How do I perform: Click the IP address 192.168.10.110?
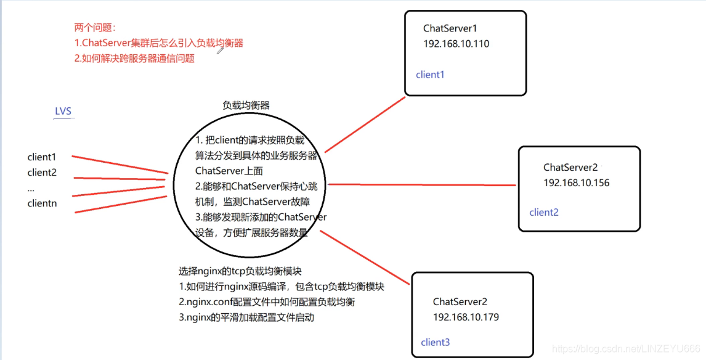coord(456,44)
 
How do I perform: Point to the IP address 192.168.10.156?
coord(577,183)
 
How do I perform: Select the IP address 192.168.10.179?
coord(466,317)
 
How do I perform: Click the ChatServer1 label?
coord(450,28)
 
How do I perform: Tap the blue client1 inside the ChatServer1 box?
coord(430,75)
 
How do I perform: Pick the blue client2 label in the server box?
coord(544,212)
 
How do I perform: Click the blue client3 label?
coord(436,342)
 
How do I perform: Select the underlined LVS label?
coord(63,112)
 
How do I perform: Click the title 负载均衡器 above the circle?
coord(246,105)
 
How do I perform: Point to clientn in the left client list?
coord(43,203)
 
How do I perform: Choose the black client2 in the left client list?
coord(42,173)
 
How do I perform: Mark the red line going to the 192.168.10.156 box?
coord(422,184)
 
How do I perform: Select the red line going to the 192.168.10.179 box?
coord(365,258)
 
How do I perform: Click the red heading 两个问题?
coord(95,28)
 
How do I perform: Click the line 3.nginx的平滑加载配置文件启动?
coord(246,317)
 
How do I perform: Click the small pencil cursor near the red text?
coord(220,51)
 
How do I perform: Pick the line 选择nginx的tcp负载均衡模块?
coord(240,271)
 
